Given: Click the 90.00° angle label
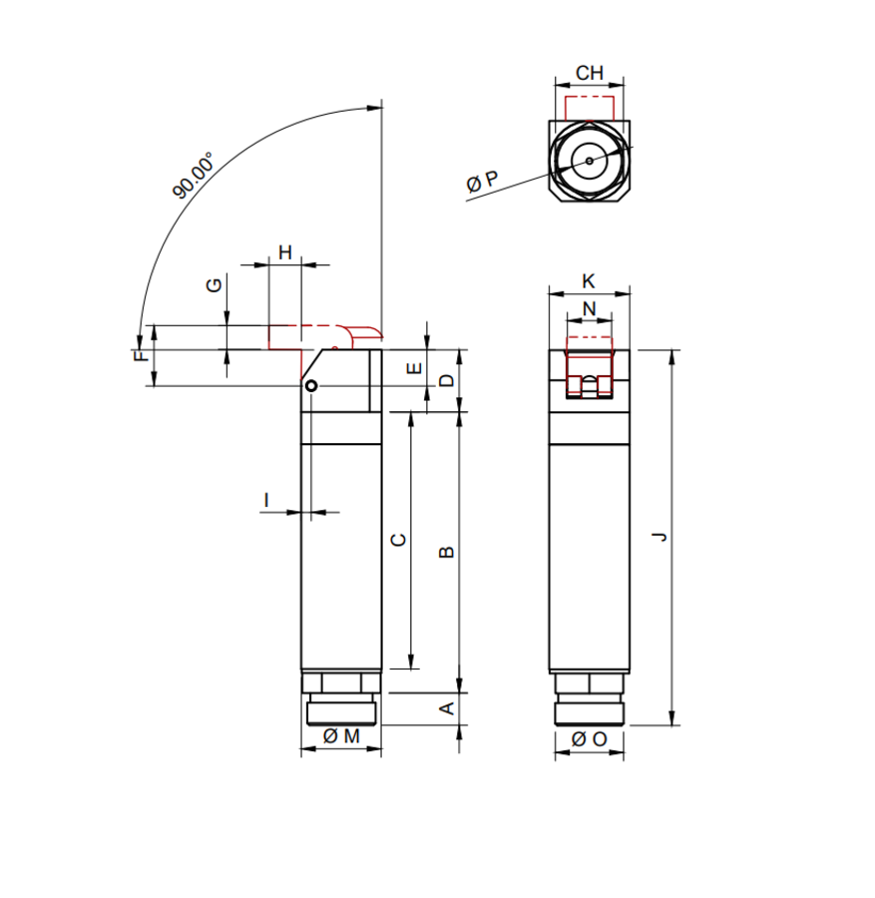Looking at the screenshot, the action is pos(194,175).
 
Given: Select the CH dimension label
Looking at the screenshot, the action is pos(590,73).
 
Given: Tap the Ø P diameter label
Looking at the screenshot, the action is pos(482,182).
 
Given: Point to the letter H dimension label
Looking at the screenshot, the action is pos(285,252).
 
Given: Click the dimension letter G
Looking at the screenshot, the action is pos(214,285).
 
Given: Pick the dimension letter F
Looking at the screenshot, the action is pos(141,355).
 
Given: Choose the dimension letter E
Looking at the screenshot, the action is pos(414,367).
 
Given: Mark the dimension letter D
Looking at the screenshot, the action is pos(447,380).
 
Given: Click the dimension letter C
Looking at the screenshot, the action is pos(398,540).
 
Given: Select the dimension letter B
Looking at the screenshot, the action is pos(447,552).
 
